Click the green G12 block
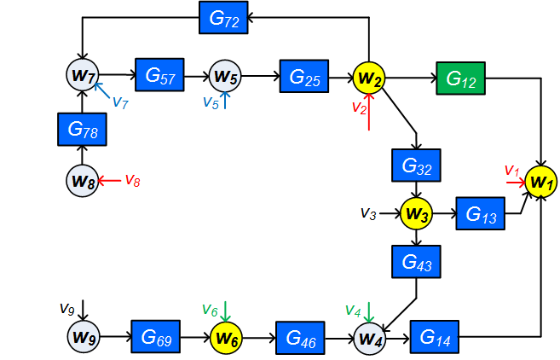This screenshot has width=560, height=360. click(460, 78)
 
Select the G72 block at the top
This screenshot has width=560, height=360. click(223, 17)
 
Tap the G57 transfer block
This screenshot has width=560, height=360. click(159, 75)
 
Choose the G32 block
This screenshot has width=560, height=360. click(416, 165)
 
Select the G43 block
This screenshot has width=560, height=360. click(416, 261)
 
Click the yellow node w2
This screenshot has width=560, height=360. click(370, 78)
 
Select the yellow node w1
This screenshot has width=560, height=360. click(541, 181)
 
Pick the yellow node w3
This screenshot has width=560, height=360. click(417, 213)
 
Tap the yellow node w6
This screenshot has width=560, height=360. click(227, 337)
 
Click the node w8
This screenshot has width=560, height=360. click(81, 180)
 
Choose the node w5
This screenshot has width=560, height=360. click(226, 76)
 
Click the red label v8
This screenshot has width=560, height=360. click(133, 179)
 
